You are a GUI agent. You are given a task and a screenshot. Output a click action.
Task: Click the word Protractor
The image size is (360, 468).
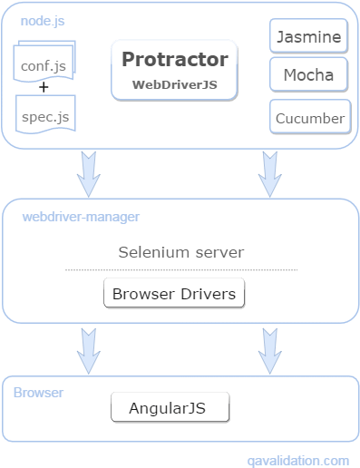click(175, 60)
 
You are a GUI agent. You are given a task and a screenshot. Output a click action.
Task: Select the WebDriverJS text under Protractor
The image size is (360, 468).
click(175, 84)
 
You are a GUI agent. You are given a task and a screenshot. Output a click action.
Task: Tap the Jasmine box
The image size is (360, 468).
click(309, 37)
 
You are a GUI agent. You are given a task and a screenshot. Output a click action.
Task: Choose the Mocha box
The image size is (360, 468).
click(309, 74)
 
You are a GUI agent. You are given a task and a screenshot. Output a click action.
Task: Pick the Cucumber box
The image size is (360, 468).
click(309, 117)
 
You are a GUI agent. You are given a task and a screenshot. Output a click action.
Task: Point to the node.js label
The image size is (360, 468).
click(41, 20)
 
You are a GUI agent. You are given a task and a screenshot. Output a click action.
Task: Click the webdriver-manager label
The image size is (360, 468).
click(81, 217)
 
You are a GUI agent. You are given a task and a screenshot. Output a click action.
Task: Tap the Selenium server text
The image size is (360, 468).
click(180, 251)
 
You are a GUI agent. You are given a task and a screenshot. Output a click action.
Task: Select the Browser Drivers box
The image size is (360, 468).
click(173, 294)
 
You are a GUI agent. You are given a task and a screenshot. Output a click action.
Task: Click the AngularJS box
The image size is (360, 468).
click(170, 408)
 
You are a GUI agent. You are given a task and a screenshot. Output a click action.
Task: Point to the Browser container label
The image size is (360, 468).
click(38, 393)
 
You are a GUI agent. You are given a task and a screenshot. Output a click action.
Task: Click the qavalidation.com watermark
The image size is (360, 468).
click(297, 460)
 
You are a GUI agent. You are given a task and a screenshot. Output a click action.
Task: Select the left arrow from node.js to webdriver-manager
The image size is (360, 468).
click(88, 173)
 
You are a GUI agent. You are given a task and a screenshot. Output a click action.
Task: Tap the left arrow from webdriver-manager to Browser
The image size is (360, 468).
click(88, 349)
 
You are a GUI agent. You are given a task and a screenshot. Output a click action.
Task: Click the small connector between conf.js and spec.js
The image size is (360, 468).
click(41, 89)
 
